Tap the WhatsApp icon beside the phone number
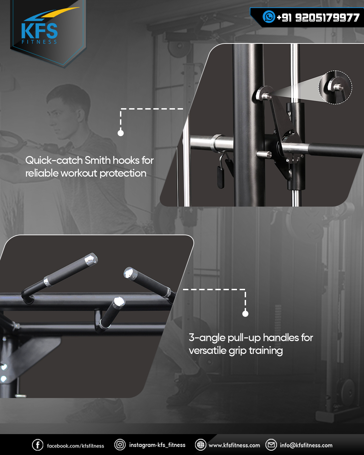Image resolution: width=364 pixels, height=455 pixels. click(269, 17)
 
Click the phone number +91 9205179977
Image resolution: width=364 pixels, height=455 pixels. click(318, 18)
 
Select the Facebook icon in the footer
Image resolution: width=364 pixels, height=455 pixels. click(37, 445)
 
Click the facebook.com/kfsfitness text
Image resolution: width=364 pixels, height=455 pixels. click(75, 446)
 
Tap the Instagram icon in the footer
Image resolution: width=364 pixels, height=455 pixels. click(120, 445)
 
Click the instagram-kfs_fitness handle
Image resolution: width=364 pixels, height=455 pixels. click(157, 445)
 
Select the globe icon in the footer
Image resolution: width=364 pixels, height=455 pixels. click(201, 445)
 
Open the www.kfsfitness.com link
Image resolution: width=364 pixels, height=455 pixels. click(234, 445)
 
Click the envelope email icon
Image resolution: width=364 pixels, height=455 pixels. click(271, 445)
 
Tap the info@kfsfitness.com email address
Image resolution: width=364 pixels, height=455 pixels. click(306, 445)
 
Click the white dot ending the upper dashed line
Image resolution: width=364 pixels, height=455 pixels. click(121, 133)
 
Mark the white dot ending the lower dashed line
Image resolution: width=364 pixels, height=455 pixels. click(245, 314)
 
